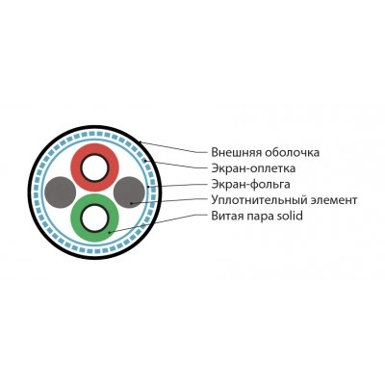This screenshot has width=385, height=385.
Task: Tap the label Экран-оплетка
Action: tap(253, 168)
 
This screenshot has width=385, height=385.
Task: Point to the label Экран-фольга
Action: tap(251, 185)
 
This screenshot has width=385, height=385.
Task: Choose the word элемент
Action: tap(334, 200)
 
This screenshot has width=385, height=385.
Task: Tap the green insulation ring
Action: tap(75, 218)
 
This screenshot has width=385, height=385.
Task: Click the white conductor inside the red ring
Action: tap(94, 167)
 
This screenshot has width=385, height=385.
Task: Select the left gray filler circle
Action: tap(61, 192)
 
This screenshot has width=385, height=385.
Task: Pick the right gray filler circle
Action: tap(129, 192)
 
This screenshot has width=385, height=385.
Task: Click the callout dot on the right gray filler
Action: tap(131, 203)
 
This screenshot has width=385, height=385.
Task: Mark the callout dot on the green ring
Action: tap(110, 232)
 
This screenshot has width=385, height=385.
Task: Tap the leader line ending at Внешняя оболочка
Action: tap(174, 147)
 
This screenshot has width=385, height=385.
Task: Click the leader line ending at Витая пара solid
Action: tap(159, 223)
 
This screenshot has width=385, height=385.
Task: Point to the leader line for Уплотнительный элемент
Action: tap(169, 200)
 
